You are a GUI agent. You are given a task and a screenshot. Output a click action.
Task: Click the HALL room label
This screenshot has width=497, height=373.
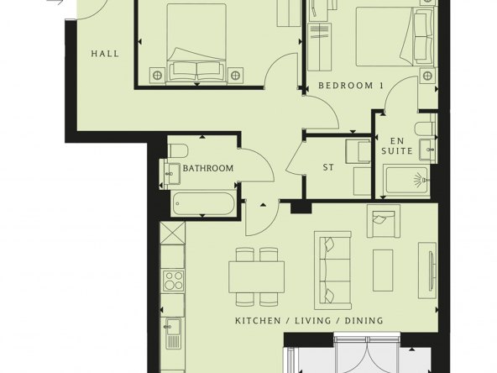click(x=105, y=54)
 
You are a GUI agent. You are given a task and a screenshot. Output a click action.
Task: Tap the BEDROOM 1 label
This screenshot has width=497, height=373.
click(x=351, y=86)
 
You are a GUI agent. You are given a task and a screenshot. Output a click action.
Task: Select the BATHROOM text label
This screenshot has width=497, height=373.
click(x=208, y=168)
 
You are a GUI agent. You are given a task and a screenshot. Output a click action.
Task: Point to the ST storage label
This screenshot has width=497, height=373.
click(x=328, y=167)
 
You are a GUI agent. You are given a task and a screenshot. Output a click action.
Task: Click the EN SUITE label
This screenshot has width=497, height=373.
click(x=397, y=146)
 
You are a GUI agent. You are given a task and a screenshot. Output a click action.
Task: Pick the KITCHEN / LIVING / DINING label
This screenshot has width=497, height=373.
click(x=309, y=321)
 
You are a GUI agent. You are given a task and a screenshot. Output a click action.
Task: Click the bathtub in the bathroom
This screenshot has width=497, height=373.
click(x=204, y=203)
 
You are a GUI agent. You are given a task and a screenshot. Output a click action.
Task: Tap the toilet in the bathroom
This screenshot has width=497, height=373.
click(x=177, y=150)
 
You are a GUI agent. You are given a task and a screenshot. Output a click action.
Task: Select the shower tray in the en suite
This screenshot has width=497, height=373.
click(x=406, y=180)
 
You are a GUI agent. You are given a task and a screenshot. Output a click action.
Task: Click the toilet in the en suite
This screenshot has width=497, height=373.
click(x=425, y=129)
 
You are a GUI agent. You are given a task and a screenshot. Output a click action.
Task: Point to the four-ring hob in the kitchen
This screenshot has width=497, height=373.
click(x=174, y=281)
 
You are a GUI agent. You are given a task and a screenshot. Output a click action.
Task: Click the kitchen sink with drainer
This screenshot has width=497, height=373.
click(x=172, y=333)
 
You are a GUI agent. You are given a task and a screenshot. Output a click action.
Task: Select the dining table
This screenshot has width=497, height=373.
click(x=256, y=277)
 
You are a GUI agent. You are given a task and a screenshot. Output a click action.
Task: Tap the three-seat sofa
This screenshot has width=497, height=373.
click(x=332, y=271)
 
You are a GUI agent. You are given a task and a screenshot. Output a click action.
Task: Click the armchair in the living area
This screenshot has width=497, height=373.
click(x=383, y=221)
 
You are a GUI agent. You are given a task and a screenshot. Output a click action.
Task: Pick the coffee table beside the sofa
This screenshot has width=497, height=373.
click(x=383, y=271)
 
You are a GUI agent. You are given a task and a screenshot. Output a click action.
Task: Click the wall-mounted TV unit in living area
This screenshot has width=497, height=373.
click(x=427, y=271)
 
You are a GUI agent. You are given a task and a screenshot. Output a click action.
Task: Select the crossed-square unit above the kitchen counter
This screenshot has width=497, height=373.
click(x=172, y=233)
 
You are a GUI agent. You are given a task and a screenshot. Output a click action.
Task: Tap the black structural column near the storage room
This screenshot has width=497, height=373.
click(x=301, y=208)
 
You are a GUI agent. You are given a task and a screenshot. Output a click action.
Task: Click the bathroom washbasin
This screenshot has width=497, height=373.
click(x=173, y=174)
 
